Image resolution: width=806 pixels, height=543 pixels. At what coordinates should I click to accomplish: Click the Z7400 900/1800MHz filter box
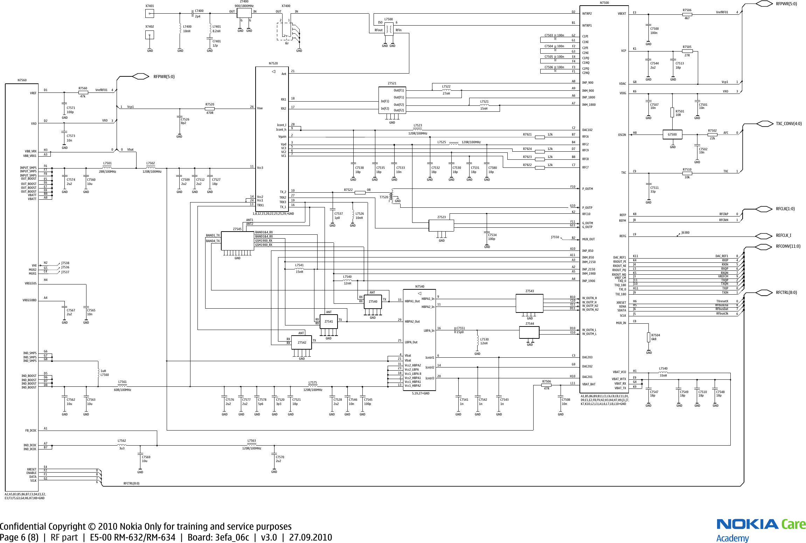click(244, 13)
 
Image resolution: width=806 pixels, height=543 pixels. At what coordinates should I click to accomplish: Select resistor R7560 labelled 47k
click(83, 92)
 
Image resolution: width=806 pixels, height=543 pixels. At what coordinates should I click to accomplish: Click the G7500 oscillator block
click(672, 135)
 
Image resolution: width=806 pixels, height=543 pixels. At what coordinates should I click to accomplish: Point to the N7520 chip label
click(273, 63)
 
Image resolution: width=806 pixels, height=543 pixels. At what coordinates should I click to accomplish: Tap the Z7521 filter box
click(392, 100)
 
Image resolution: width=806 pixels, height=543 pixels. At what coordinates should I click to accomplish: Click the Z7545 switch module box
click(237, 241)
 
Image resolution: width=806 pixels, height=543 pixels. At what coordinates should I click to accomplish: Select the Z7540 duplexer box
click(373, 302)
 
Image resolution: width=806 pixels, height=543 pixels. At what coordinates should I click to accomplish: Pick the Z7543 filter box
click(529, 303)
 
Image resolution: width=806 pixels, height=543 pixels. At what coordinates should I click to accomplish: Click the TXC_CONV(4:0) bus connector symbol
click(765, 124)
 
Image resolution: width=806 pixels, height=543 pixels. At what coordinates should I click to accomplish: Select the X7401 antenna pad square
click(150, 14)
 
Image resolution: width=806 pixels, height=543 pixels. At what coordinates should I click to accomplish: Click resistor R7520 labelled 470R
click(210, 109)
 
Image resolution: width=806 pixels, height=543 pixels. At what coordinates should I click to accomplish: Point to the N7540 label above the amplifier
click(419, 287)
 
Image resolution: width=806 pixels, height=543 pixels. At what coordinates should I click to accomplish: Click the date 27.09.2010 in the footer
click(310, 537)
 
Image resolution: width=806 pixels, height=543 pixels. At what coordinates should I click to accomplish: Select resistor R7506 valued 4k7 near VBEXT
click(687, 14)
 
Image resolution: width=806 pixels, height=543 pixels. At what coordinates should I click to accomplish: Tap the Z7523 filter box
click(441, 226)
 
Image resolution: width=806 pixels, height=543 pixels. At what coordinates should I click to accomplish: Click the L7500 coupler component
click(389, 29)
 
